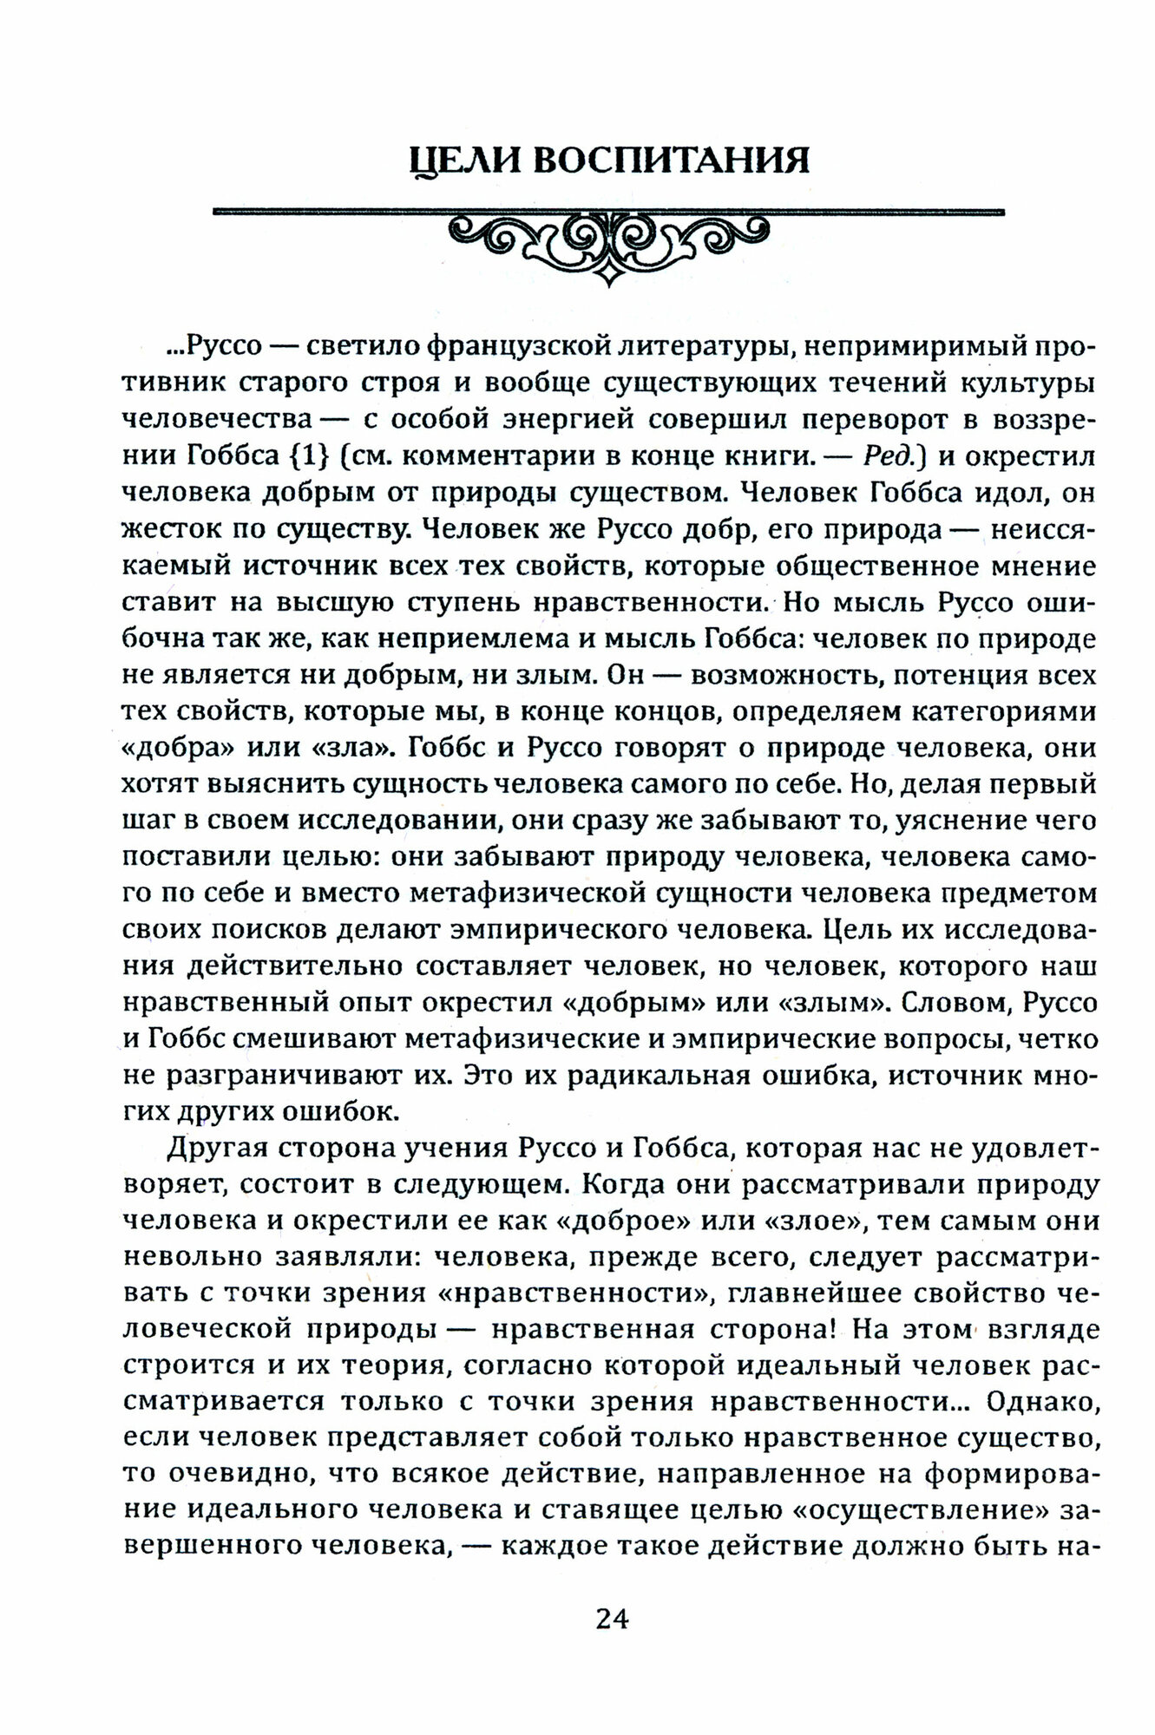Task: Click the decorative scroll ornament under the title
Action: click(607, 239)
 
